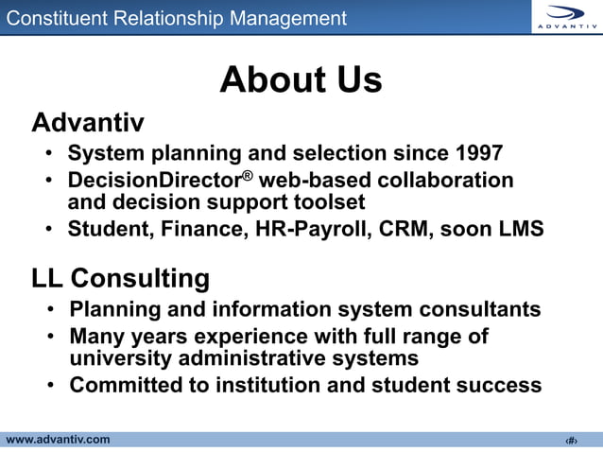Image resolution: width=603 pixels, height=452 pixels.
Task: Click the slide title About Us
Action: [301, 80]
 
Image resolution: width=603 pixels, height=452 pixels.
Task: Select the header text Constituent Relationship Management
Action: [177, 18]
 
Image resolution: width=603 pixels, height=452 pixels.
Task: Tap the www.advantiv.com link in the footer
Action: [58, 440]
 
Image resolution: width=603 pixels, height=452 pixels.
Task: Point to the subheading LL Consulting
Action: [120, 279]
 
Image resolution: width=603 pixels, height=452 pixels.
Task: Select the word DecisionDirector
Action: [151, 180]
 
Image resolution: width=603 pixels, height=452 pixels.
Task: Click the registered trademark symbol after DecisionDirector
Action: [244, 174]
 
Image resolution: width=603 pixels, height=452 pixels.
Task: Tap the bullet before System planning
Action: [49, 154]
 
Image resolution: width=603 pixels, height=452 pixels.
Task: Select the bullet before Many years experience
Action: [49, 337]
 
